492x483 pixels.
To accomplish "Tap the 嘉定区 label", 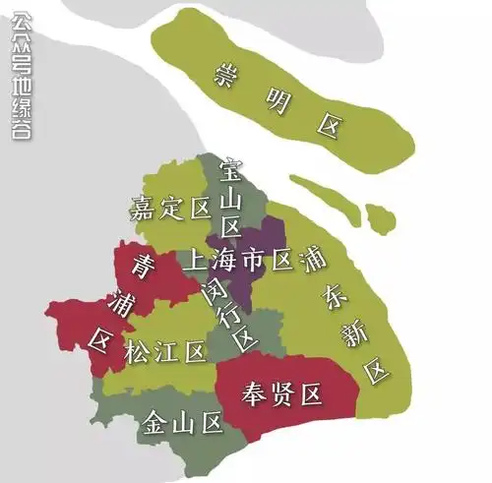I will click(171, 208).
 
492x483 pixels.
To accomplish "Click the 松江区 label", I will click(164, 351).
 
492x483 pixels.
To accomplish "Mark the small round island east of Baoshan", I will click(374, 214).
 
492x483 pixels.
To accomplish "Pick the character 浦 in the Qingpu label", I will click(123, 301).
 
